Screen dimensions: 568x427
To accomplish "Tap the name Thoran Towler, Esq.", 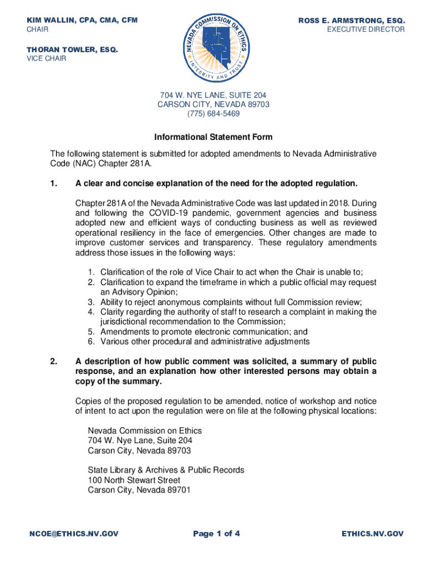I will [73, 49].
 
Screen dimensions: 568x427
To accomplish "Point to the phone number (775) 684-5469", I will [213, 113].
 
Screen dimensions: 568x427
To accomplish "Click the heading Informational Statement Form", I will [213, 137].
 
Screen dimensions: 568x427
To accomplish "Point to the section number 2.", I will [53, 362].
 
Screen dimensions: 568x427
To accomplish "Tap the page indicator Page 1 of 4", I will [216, 534].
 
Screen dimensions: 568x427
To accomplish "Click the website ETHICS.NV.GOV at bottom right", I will [373, 534].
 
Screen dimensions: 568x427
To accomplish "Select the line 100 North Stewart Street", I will [134, 480].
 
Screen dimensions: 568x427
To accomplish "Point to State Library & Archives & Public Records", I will [166, 470].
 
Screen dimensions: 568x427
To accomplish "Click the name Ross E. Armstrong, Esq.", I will [351, 21].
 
